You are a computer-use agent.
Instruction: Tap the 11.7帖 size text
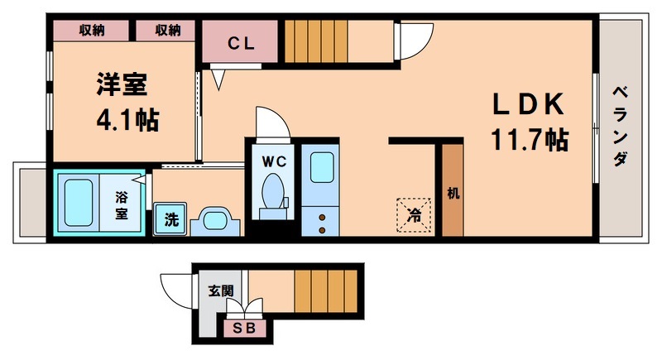coord(530,138)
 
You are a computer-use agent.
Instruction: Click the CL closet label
coord(241,43)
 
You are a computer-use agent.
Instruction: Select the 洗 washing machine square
coord(170,220)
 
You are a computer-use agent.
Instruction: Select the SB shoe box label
coord(245,329)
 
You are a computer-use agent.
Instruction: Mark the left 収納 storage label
coord(91,31)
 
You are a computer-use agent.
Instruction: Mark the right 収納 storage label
coord(167,31)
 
